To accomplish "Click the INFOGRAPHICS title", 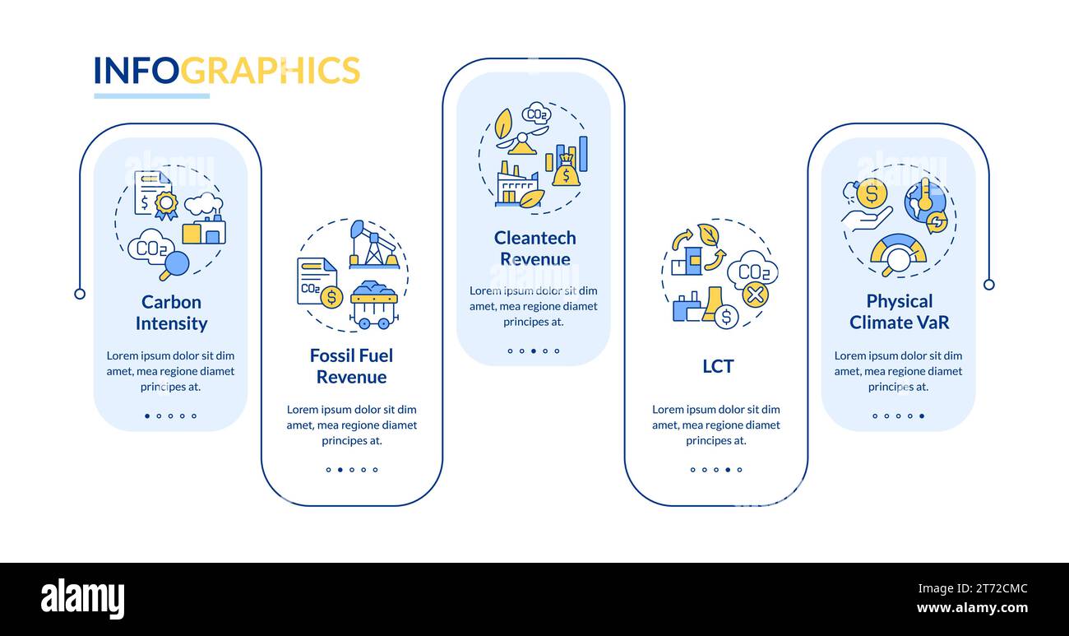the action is click(227, 70).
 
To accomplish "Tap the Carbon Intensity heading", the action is click(171, 313).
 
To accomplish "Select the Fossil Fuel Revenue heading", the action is click(352, 366).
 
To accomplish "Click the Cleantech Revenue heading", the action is click(535, 248).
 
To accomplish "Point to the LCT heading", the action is click(718, 366).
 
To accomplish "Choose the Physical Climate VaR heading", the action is click(899, 312).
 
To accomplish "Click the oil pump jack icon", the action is click(374, 244).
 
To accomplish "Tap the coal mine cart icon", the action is click(374, 304).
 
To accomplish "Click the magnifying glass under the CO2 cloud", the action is click(174, 266).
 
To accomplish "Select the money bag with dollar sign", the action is click(566, 171).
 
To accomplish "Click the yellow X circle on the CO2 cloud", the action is click(755, 295).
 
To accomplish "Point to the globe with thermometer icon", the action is click(925, 202).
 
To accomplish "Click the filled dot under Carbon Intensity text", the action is click(147, 415).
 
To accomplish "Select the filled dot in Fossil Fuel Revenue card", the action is click(340, 470).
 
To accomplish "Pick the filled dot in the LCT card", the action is click(728, 470).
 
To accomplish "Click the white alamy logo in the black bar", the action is click(82, 598).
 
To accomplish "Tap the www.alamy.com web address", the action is click(972, 608).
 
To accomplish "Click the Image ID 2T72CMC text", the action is click(973, 588).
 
